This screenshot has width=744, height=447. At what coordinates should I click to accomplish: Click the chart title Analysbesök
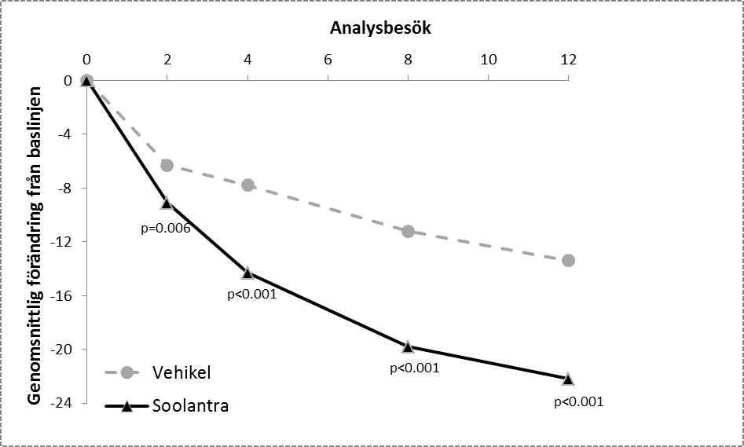tap(382, 28)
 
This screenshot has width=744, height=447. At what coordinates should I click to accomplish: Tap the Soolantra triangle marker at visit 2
tap(167, 203)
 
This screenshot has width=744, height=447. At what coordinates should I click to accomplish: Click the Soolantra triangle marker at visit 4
tap(247, 273)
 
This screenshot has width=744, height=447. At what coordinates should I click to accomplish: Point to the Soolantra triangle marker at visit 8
tap(408, 346)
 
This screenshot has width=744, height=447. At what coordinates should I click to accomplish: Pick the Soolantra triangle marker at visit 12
tap(568, 379)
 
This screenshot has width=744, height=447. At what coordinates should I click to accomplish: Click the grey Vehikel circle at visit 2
tap(167, 165)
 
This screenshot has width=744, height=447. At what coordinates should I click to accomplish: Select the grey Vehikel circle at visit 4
tap(247, 185)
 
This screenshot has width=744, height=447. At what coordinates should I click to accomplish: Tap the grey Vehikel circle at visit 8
tap(408, 231)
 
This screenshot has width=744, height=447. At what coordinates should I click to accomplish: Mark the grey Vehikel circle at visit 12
tap(568, 260)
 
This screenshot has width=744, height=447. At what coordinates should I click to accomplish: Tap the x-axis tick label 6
tap(328, 59)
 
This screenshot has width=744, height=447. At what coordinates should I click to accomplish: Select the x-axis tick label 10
tap(488, 59)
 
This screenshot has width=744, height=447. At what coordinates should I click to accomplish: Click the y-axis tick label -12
tap(62, 242)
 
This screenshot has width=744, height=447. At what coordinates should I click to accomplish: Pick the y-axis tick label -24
tap(62, 403)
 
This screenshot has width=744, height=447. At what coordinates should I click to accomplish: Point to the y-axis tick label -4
tap(65, 134)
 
